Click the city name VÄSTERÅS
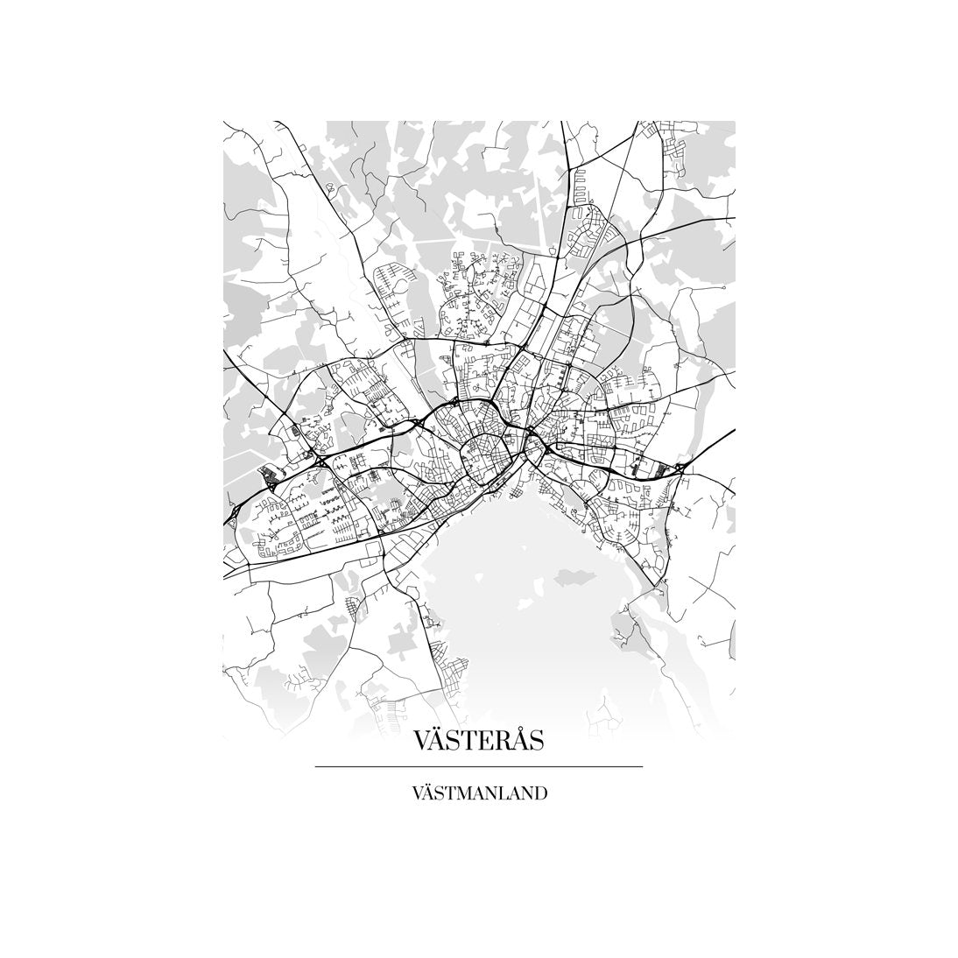(x=478, y=741)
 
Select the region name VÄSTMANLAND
(x=478, y=794)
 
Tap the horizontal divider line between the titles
(x=478, y=767)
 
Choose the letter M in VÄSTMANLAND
(x=458, y=795)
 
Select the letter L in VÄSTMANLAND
(x=502, y=795)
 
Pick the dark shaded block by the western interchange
(x=267, y=475)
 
